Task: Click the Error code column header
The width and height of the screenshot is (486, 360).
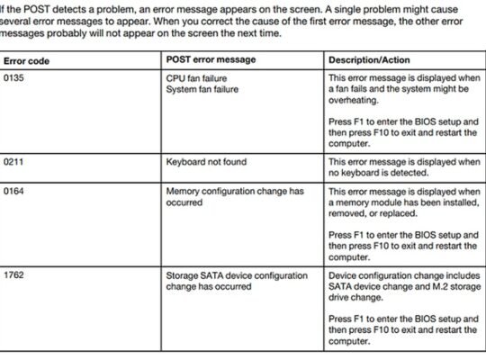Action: tap(26, 60)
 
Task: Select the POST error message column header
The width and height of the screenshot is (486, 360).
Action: tap(211, 59)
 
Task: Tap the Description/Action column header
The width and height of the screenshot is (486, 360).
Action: tap(370, 59)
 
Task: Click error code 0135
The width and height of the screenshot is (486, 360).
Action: tap(15, 79)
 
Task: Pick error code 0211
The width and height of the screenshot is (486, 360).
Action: tap(15, 162)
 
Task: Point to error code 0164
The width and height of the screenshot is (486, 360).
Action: tap(15, 192)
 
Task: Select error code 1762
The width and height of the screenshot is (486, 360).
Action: tap(15, 274)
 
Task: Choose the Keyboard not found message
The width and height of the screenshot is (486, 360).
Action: tap(206, 162)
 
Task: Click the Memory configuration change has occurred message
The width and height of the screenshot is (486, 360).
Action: tap(234, 197)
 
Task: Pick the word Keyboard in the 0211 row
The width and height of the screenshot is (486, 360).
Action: tap(186, 162)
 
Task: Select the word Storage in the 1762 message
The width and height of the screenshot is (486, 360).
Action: tap(183, 274)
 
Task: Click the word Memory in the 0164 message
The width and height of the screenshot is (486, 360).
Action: tap(184, 192)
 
